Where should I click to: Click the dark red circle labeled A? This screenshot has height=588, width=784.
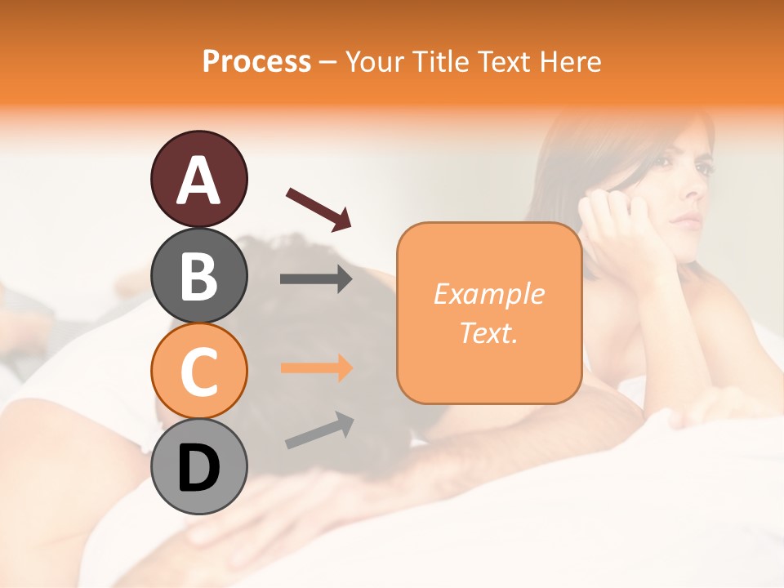point(198,179)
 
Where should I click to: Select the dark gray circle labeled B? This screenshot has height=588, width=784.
point(198,275)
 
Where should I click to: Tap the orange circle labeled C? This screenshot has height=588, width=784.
point(198,371)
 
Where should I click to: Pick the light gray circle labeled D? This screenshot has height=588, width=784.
point(198,466)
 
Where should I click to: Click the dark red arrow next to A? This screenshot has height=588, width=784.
point(318,207)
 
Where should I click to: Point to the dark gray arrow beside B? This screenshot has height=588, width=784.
point(316,279)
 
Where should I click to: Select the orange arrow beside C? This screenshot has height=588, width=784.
point(316,367)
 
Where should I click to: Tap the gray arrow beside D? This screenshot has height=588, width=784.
point(319,430)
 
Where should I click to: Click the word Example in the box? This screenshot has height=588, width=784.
point(488,294)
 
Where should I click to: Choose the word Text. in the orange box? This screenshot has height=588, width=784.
point(488,332)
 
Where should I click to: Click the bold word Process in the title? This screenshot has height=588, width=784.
point(256,61)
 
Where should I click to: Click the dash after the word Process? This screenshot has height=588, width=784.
point(328,62)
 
